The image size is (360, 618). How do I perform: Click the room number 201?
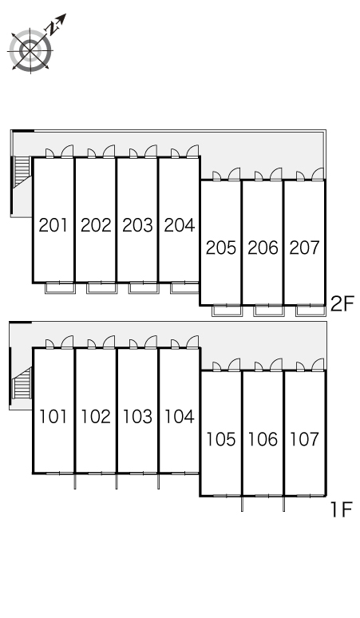[53, 225]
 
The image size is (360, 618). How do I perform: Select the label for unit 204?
[180, 225]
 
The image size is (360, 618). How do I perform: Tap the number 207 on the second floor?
[304, 248]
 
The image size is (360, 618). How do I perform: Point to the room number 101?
[53, 417]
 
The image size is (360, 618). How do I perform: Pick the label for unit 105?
[221, 439]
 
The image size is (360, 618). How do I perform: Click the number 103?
[137, 417]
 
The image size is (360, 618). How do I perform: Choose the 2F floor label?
[342, 304]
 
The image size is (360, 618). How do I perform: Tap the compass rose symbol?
[30, 51]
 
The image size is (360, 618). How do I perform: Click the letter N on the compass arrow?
[52, 28]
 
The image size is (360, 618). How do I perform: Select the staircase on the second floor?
[22, 172]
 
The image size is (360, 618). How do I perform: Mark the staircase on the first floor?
[22, 383]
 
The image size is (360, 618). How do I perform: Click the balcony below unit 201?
[60, 287]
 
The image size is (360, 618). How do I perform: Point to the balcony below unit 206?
[268, 310]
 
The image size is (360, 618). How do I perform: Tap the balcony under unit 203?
[144, 287]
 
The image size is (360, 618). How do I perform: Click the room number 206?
[263, 248]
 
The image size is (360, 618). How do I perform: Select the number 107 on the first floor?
[304, 439]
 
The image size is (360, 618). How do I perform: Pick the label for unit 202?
[96, 225]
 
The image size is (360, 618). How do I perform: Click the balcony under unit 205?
[227, 310]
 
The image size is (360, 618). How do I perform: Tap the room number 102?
[96, 417]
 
